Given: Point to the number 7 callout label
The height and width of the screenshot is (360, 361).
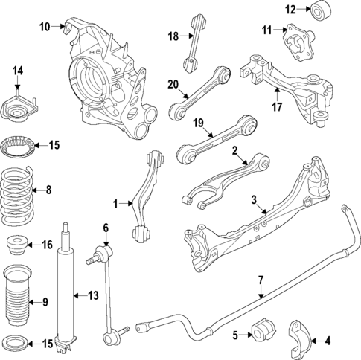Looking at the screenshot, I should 261,280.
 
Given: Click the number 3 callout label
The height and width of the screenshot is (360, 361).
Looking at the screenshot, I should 254,199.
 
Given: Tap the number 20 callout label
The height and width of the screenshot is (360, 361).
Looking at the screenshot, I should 173,85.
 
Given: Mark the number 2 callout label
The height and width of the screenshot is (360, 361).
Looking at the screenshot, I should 234,151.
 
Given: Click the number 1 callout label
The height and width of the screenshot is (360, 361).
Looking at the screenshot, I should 115,202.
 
